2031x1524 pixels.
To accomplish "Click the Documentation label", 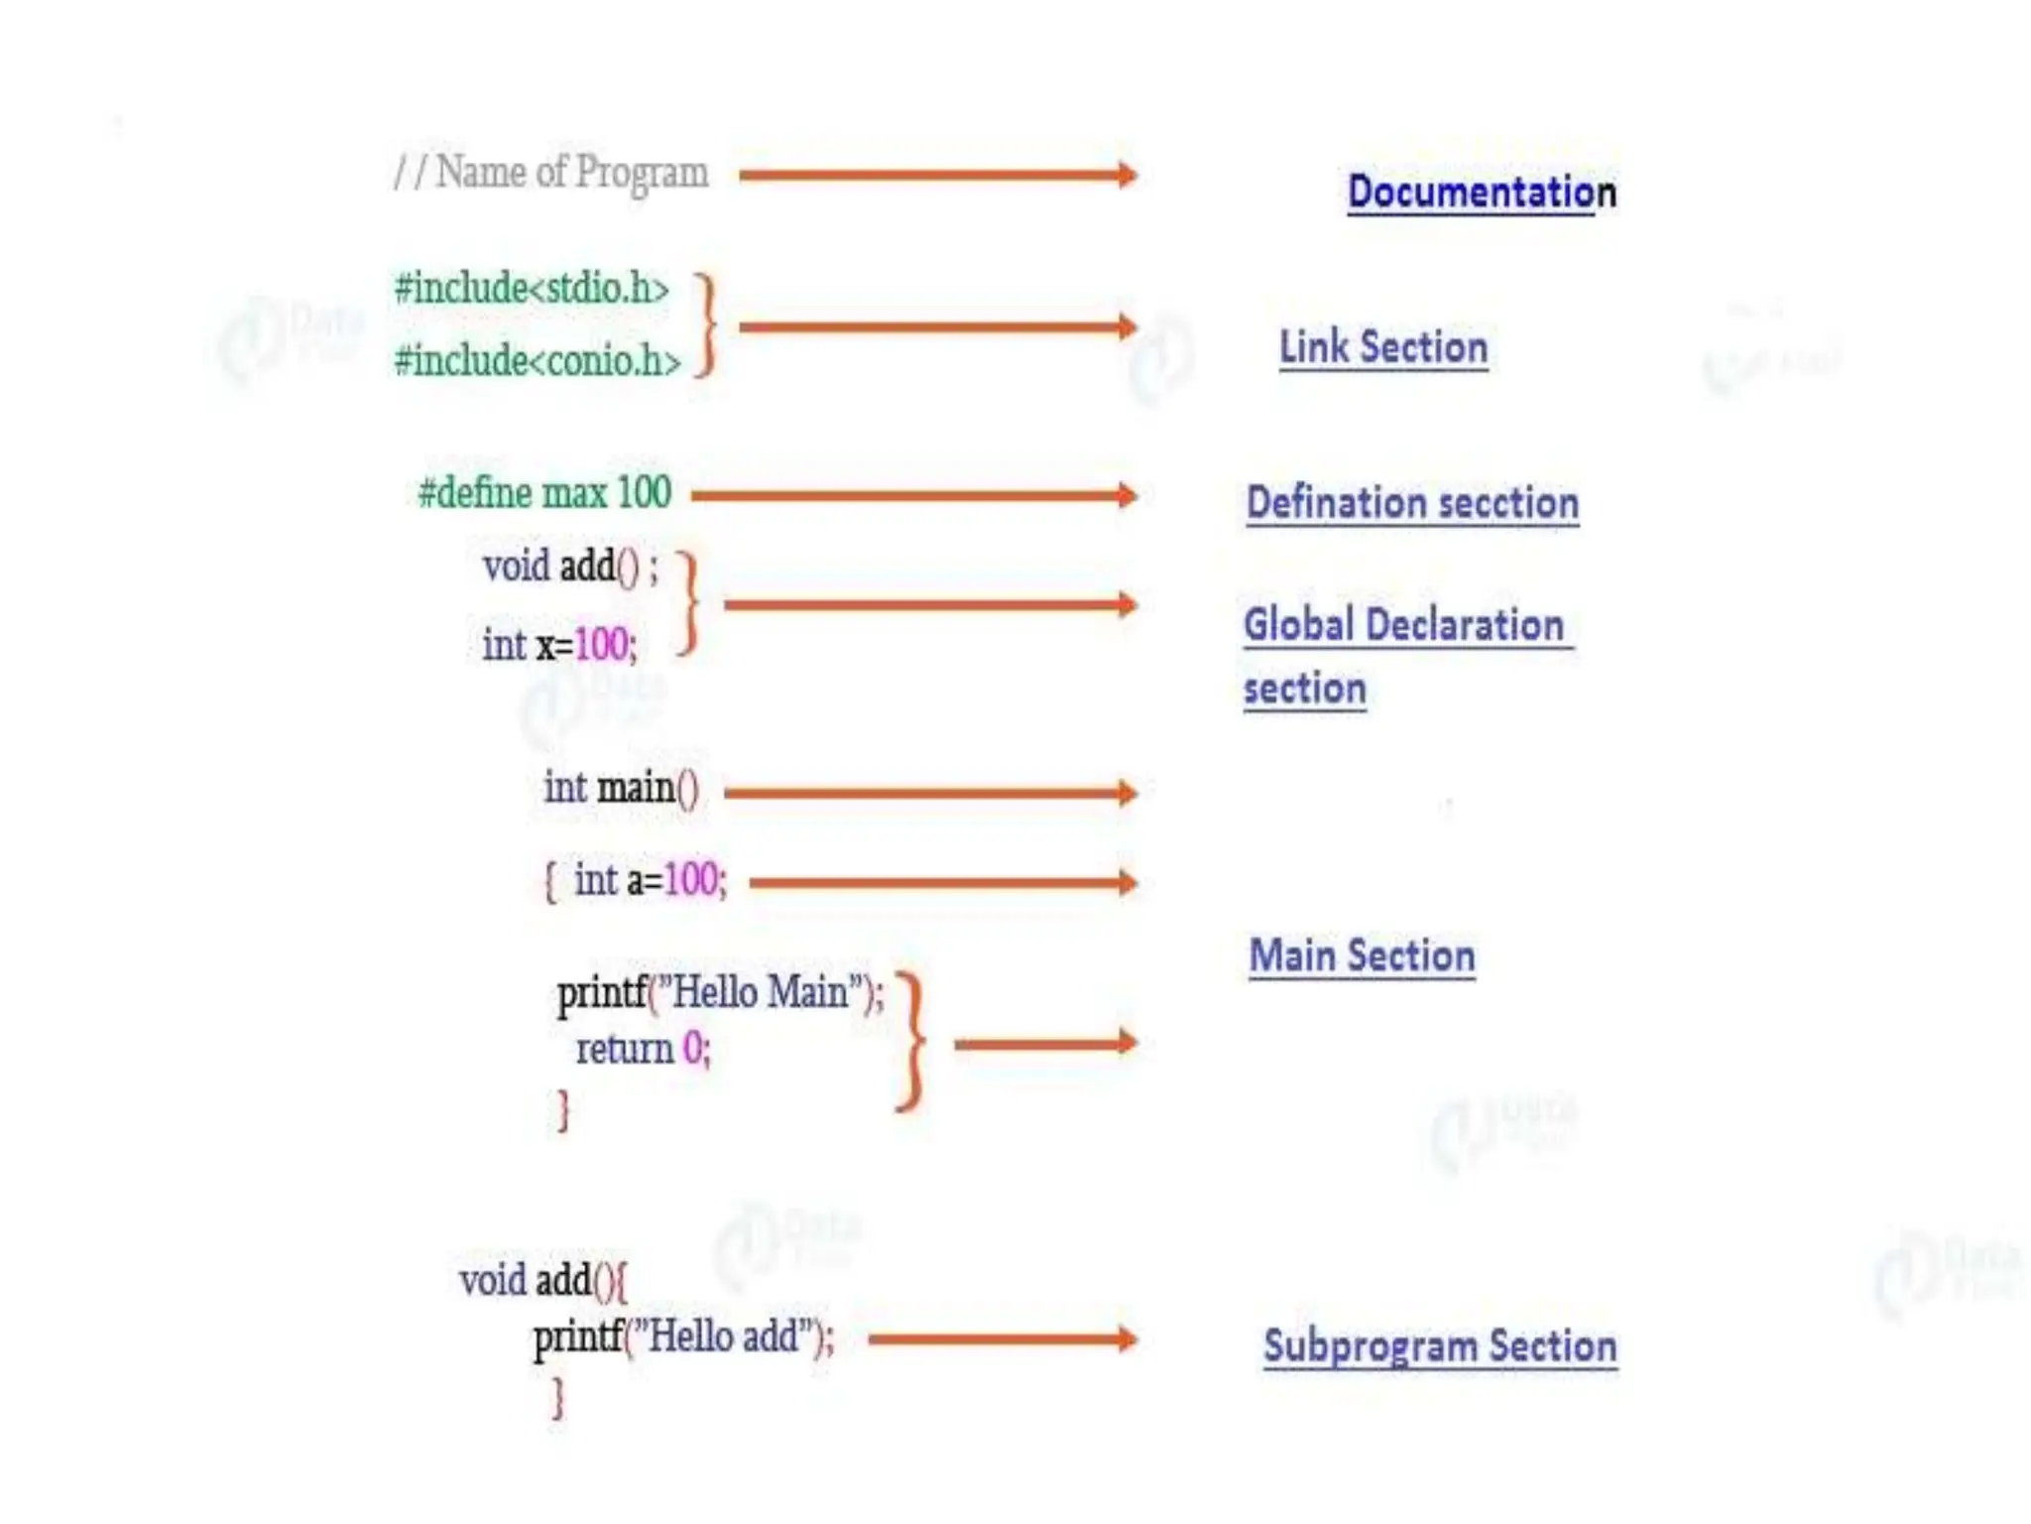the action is tap(1482, 191).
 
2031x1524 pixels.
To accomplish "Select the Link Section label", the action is tap(1383, 347).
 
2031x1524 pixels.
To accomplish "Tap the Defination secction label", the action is tap(1412, 502).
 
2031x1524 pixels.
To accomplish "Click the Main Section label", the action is tap(1362, 955).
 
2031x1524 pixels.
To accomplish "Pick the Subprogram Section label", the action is tap(1440, 1346).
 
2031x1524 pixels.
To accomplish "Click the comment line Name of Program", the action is tap(551, 173).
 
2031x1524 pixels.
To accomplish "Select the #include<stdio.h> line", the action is tap(532, 289).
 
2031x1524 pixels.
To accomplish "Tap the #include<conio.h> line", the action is tap(538, 360).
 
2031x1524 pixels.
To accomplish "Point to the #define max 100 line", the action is tap(544, 493).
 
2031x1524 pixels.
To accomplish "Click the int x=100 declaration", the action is tap(559, 645).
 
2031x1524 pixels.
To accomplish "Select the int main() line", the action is tap(621, 789).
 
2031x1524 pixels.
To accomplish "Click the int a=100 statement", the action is tap(649, 880).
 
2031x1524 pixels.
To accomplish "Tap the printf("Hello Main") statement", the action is tap(720, 992).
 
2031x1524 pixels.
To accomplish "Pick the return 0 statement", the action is tap(643, 1049).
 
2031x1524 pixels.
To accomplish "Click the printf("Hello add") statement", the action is tap(683, 1337).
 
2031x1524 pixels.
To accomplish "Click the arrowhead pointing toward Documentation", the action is tap(1126, 176).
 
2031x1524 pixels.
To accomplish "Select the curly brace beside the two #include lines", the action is tap(705, 325).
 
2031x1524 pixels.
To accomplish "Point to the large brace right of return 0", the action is tap(911, 1042).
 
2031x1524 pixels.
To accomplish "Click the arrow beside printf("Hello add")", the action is tap(1002, 1339).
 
